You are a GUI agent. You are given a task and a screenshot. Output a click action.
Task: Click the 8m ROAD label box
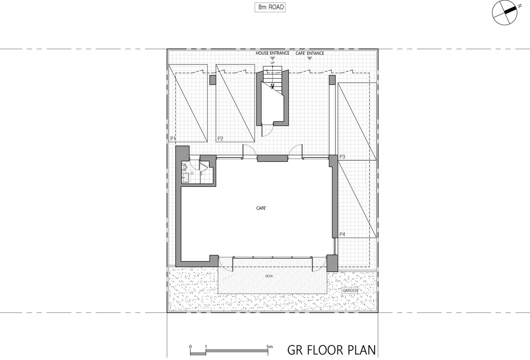pos(270,8)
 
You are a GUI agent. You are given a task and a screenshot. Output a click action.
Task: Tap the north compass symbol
pos(504,12)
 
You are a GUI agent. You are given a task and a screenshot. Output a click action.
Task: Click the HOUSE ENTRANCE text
pos(273,53)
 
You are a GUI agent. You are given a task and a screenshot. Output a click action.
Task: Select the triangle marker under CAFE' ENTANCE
pos(310,58)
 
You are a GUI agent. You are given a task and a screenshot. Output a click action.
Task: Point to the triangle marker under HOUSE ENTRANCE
pos(273,58)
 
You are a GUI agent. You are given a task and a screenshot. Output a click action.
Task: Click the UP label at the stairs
pos(273,63)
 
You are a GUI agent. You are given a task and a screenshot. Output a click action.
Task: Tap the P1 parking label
pos(173,138)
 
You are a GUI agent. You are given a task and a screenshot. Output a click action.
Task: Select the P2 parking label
pos(220,138)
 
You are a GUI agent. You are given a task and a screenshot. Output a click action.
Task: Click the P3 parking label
pos(342,156)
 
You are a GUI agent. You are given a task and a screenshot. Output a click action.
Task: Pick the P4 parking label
pos(342,234)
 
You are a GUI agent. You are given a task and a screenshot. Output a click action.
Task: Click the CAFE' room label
pos(261,208)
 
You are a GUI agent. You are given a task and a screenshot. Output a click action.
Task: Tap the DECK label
pos(269,276)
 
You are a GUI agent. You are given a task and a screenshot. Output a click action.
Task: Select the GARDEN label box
pos(350,290)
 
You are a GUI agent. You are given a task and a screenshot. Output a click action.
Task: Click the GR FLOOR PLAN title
pos(332,350)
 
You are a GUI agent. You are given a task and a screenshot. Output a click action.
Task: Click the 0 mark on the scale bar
pos(190,347)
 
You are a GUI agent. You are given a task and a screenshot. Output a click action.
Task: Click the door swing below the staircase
pos(268,131)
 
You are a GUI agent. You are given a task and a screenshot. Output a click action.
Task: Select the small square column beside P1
pos(213,80)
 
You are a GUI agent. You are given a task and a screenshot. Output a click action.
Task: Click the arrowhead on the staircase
pos(273,87)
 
